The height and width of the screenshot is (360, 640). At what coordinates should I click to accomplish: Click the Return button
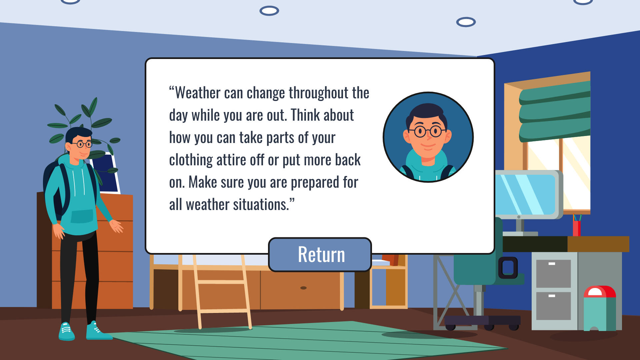320,255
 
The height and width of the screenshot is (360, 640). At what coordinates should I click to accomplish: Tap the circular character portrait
428,137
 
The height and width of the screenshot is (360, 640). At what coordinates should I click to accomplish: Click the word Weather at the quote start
198,93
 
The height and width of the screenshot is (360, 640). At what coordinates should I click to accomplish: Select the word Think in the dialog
305,115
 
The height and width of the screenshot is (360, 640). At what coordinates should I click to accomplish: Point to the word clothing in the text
191,160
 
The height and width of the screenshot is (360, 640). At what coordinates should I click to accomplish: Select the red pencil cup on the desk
577,228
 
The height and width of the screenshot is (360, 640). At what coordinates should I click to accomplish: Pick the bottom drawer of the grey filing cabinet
553,306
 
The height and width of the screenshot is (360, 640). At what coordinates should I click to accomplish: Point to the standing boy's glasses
82,144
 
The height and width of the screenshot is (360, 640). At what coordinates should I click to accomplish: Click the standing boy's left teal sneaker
66,331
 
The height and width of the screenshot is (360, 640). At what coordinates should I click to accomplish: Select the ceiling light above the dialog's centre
269,11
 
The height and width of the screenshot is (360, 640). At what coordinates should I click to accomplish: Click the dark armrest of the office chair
508,267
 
